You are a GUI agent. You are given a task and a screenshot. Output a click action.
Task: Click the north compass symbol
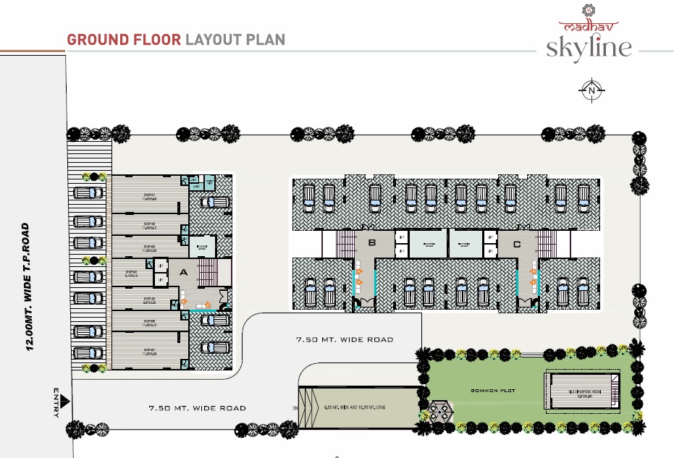click(x=591, y=90)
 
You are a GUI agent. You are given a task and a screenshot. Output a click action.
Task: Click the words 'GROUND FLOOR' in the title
click(x=123, y=39)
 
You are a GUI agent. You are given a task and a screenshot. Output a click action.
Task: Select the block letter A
click(x=183, y=273)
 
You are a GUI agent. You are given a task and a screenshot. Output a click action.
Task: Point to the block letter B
click(x=371, y=244)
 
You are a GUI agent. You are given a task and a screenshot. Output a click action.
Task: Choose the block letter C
click(x=516, y=244)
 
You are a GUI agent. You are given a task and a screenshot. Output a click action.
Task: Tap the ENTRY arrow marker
click(x=63, y=400)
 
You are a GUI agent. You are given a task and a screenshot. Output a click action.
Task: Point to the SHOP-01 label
click(x=150, y=196)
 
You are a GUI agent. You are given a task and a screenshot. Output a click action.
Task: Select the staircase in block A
click(x=209, y=273)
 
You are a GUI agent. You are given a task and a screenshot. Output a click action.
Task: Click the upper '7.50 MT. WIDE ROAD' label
click(x=345, y=339)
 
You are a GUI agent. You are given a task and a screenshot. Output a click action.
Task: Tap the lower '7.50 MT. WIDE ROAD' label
click(x=198, y=408)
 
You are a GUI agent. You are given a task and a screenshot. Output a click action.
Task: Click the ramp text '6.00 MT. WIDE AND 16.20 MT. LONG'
click(x=358, y=408)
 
